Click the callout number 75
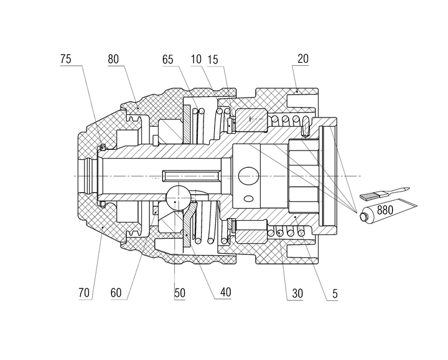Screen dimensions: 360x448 pyautogui.click(x=66, y=60)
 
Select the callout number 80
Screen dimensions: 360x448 pyautogui.click(x=113, y=60)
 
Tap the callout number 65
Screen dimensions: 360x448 pyautogui.click(x=167, y=60)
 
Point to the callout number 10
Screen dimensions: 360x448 pyautogui.click(x=196, y=60)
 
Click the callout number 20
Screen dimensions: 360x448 pyautogui.click(x=303, y=60)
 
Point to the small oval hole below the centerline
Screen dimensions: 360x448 pyautogui.click(x=250, y=198)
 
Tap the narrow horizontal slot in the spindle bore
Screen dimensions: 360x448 pyautogui.click(x=190, y=172)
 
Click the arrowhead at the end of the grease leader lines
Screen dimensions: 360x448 pyautogui.click(x=357, y=210)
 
